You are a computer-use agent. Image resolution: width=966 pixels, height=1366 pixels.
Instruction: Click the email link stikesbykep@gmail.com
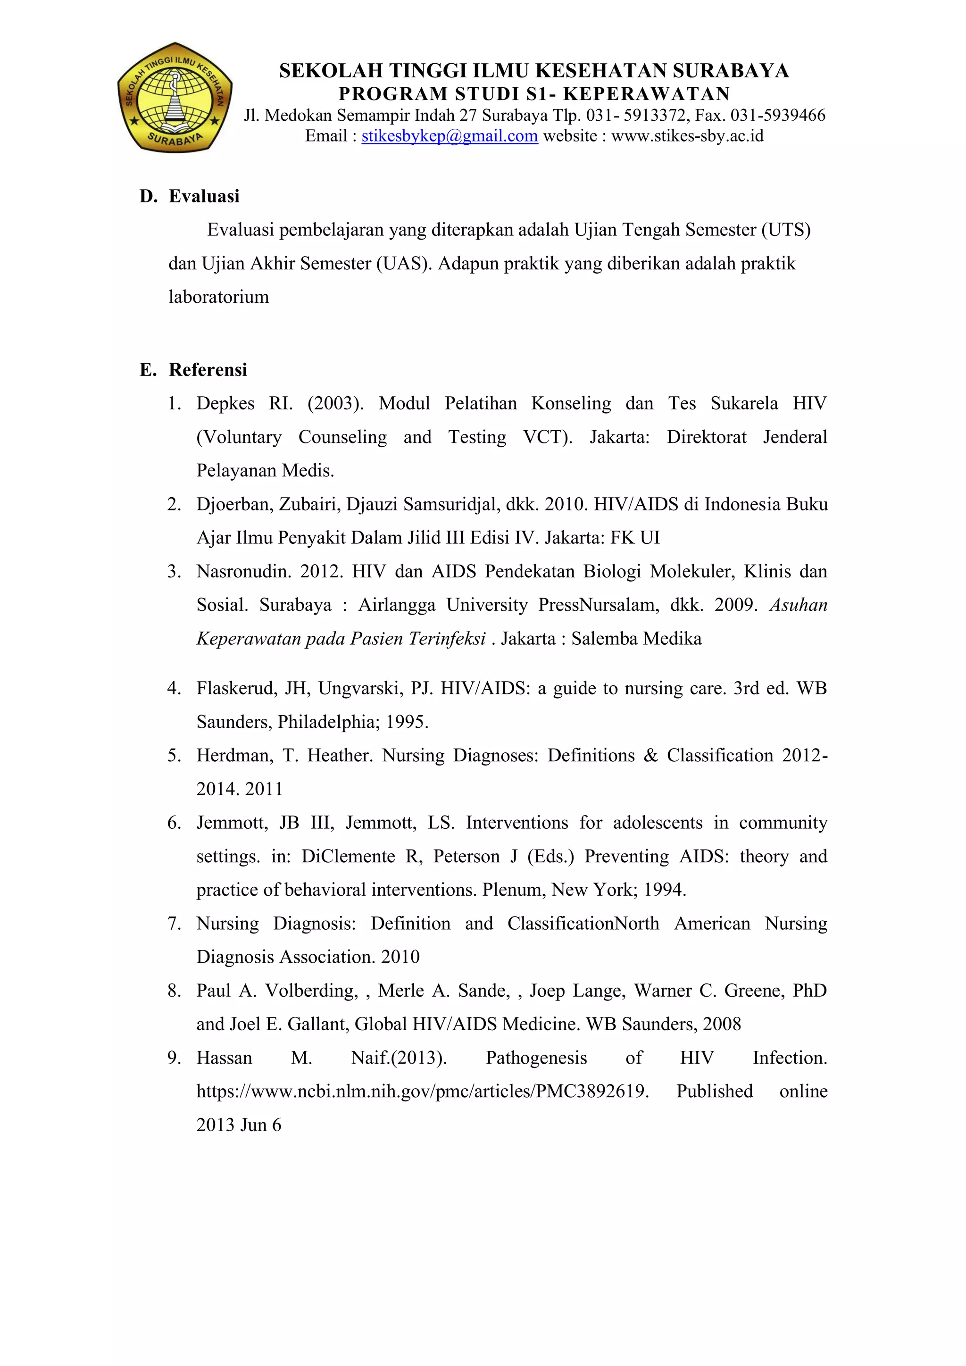tap(449, 136)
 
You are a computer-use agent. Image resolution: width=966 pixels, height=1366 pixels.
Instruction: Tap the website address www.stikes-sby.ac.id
tap(687, 136)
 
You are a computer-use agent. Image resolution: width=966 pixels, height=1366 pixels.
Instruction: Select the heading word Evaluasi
tap(204, 196)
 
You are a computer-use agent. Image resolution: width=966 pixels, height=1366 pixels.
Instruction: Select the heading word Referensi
tap(208, 370)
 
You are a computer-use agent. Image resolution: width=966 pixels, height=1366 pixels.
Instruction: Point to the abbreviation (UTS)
tap(786, 230)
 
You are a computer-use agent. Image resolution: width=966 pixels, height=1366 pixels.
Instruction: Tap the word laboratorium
tap(218, 297)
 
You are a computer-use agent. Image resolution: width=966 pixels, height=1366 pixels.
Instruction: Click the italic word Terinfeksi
tap(450, 639)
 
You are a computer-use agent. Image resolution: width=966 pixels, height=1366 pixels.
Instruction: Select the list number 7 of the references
tap(174, 924)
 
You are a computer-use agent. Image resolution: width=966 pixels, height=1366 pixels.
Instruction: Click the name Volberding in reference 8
tap(311, 991)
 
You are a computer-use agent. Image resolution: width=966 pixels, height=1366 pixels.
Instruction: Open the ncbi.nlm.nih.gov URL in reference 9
tap(422, 1092)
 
